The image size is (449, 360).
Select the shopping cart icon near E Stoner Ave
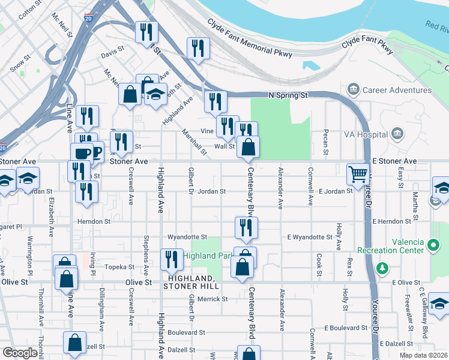click(358, 173)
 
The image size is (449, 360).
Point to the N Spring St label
click(288, 95)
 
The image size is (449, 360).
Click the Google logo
click(20, 353)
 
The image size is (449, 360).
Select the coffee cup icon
click(82, 154)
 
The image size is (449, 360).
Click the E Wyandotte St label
click(310, 237)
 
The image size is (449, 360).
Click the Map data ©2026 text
click(424, 355)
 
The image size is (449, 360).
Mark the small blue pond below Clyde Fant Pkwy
click(310, 65)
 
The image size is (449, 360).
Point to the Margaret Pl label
click(11, 227)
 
